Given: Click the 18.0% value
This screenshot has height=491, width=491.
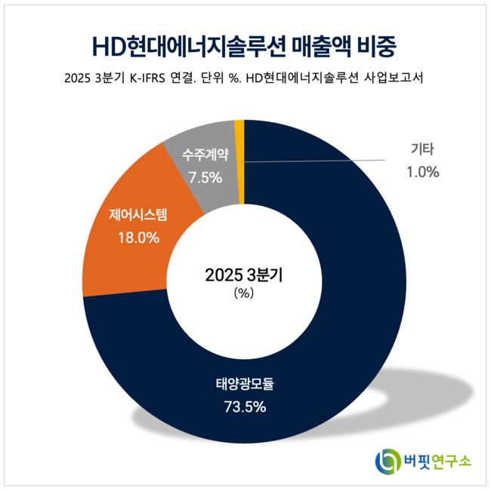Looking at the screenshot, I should (x=138, y=238).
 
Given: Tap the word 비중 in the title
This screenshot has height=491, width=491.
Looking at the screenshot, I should (x=375, y=45).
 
